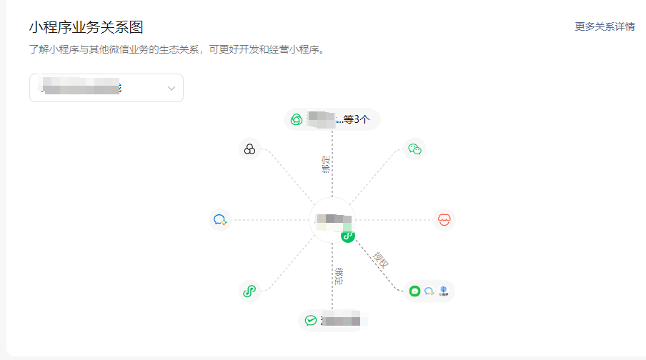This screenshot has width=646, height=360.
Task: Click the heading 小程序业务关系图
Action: pos(86,28)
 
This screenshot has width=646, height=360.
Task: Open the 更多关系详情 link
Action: pos(605,26)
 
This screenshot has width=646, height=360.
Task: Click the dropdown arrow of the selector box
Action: pos(172,88)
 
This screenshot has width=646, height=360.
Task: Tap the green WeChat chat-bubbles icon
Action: pos(414,149)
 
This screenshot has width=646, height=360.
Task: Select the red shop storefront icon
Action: pos(444,220)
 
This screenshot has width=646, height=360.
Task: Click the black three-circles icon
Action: pos(249,149)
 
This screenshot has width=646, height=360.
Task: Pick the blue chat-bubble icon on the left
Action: pos(219,220)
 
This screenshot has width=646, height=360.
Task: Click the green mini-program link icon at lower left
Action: pos(249,291)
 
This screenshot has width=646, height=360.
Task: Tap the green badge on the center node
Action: pos(348,236)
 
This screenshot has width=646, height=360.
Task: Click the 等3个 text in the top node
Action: pos(357,119)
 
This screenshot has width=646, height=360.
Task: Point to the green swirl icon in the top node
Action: pos(297,119)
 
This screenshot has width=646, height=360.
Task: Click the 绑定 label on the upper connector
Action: pos(326,164)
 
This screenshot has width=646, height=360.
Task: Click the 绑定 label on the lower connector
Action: pos(339,277)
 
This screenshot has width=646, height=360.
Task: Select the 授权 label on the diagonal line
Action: pos(381,261)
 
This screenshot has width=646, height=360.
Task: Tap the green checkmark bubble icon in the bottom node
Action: pos(311,321)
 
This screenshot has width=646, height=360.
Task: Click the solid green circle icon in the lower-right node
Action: pos(414,291)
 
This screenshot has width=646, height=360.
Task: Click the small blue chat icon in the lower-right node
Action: pos(429,291)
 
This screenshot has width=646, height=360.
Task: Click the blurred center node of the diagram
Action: pos(332,220)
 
